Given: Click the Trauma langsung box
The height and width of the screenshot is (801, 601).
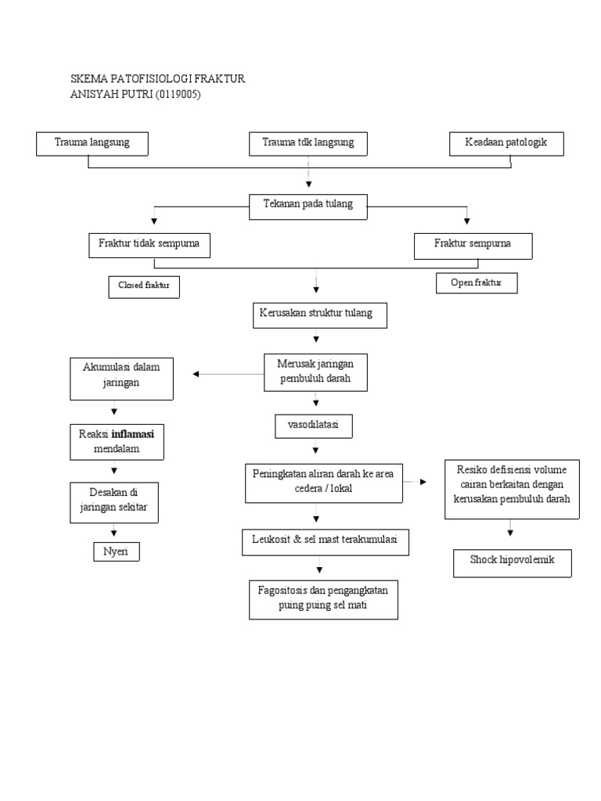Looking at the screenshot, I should click(92, 143).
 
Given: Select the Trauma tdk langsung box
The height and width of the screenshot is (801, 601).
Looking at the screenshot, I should click(308, 144).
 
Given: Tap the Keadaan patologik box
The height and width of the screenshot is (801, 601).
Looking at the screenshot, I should click(506, 143).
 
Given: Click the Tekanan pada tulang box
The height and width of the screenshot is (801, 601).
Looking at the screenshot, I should click(308, 206).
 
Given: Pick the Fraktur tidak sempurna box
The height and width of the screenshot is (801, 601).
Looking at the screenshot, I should click(149, 245).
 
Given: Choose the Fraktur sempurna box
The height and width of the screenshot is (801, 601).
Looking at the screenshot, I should click(473, 245).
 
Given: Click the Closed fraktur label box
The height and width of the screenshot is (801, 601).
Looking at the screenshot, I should click(144, 286).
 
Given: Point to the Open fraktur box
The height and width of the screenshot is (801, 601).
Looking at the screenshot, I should click(477, 282).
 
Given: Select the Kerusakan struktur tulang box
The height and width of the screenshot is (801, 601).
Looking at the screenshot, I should click(319, 314).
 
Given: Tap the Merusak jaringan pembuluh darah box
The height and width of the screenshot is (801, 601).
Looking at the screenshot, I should click(315, 372).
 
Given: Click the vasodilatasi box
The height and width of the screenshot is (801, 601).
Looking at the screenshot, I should click(314, 426).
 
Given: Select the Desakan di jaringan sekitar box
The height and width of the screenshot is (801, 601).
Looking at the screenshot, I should click(114, 501).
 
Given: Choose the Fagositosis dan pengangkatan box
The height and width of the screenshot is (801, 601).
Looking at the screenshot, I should click(323, 599).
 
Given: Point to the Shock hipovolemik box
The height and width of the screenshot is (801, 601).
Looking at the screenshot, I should click(513, 562).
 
